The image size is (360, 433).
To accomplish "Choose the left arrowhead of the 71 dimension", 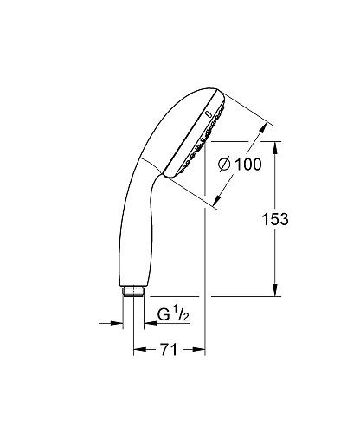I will (137, 352).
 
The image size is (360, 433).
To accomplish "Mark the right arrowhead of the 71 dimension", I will (201, 352).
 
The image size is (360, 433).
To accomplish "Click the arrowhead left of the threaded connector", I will (118, 323).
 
